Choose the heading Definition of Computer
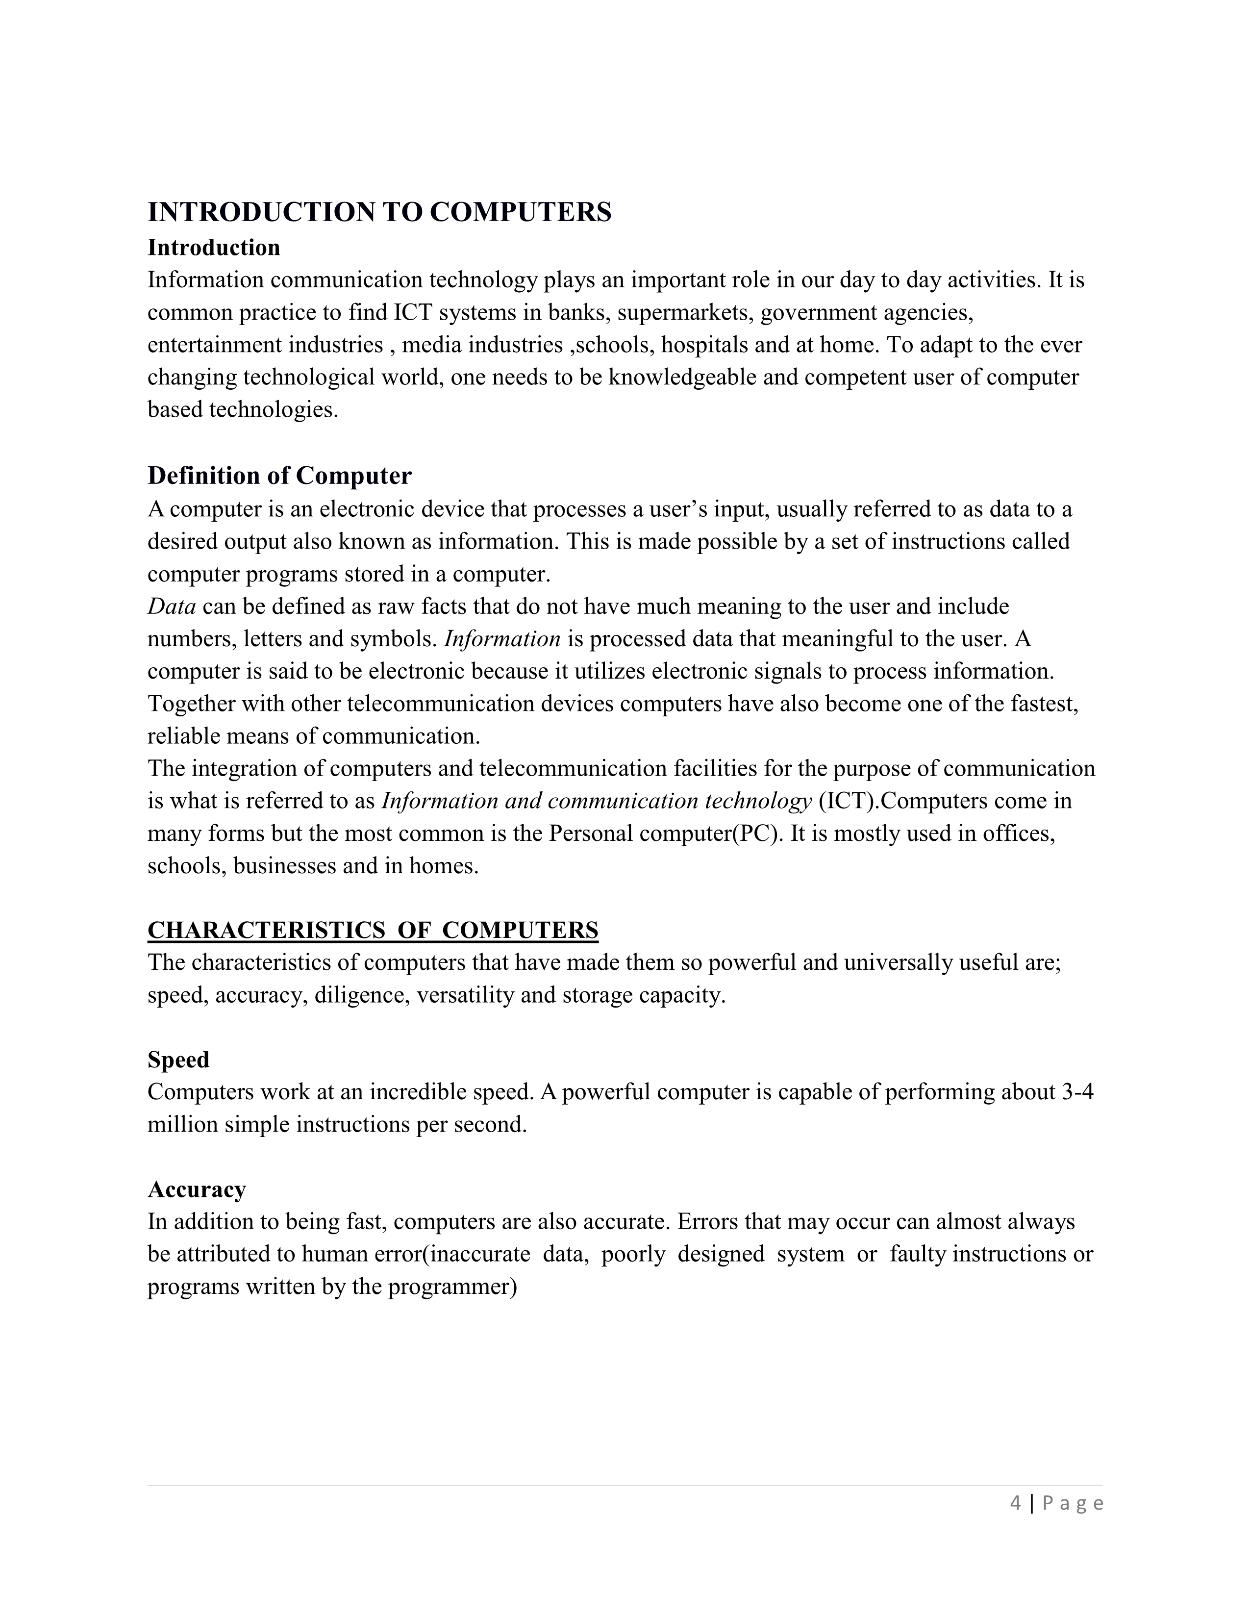point(279,476)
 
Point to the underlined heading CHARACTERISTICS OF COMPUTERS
point(373,930)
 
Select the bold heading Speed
point(178,1060)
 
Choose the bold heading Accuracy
point(196,1190)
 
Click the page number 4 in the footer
point(1015,1503)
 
